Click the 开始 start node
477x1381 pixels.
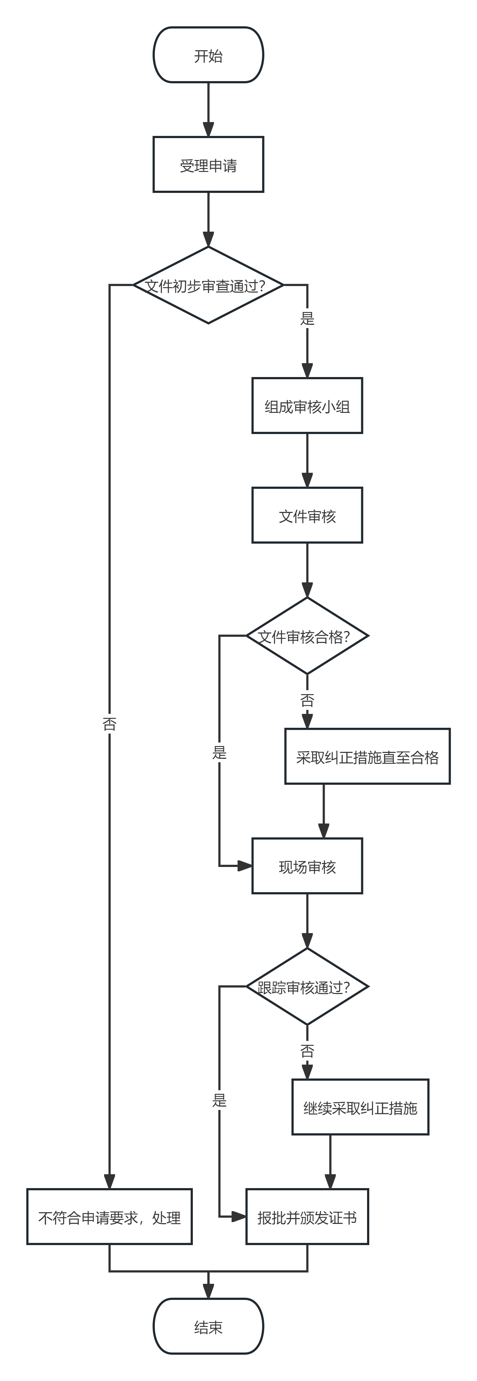pyautogui.click(x=208, y=55)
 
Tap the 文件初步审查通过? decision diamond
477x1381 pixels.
pyautogui.click(x=208, y=285)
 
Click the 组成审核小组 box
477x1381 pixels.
pyautogui.click(x=307, y=406)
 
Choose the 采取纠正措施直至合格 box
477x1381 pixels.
pyautogui.click(x=367, y=756)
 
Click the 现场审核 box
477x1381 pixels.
pyautogui.click(x=307, y=866)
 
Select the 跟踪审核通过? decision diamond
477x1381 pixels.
pyautogui.click(x=307, y=986)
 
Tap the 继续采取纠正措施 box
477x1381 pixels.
pyautogui.click(x=360, y=1107)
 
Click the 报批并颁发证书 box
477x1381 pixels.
pyautogui.click(x=307, y=1217)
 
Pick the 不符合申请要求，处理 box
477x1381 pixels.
pyautogui.click(x=109, y=1217)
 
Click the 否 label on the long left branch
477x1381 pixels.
pyautogui.click(x=109, y=724)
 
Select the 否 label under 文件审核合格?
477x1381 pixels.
pyautogui.click(x=307, y=700)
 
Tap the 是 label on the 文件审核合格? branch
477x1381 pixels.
pyautogui.click(x=219, y=752)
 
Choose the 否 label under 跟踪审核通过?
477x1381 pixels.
pyautogui.click(x=307, y=1051)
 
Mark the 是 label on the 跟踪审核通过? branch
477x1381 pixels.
pyautogui.click(x=219, y=1100)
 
